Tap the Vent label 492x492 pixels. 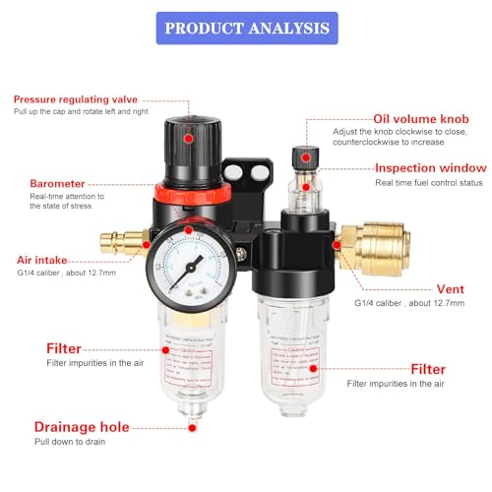click(x=450, y=289)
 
